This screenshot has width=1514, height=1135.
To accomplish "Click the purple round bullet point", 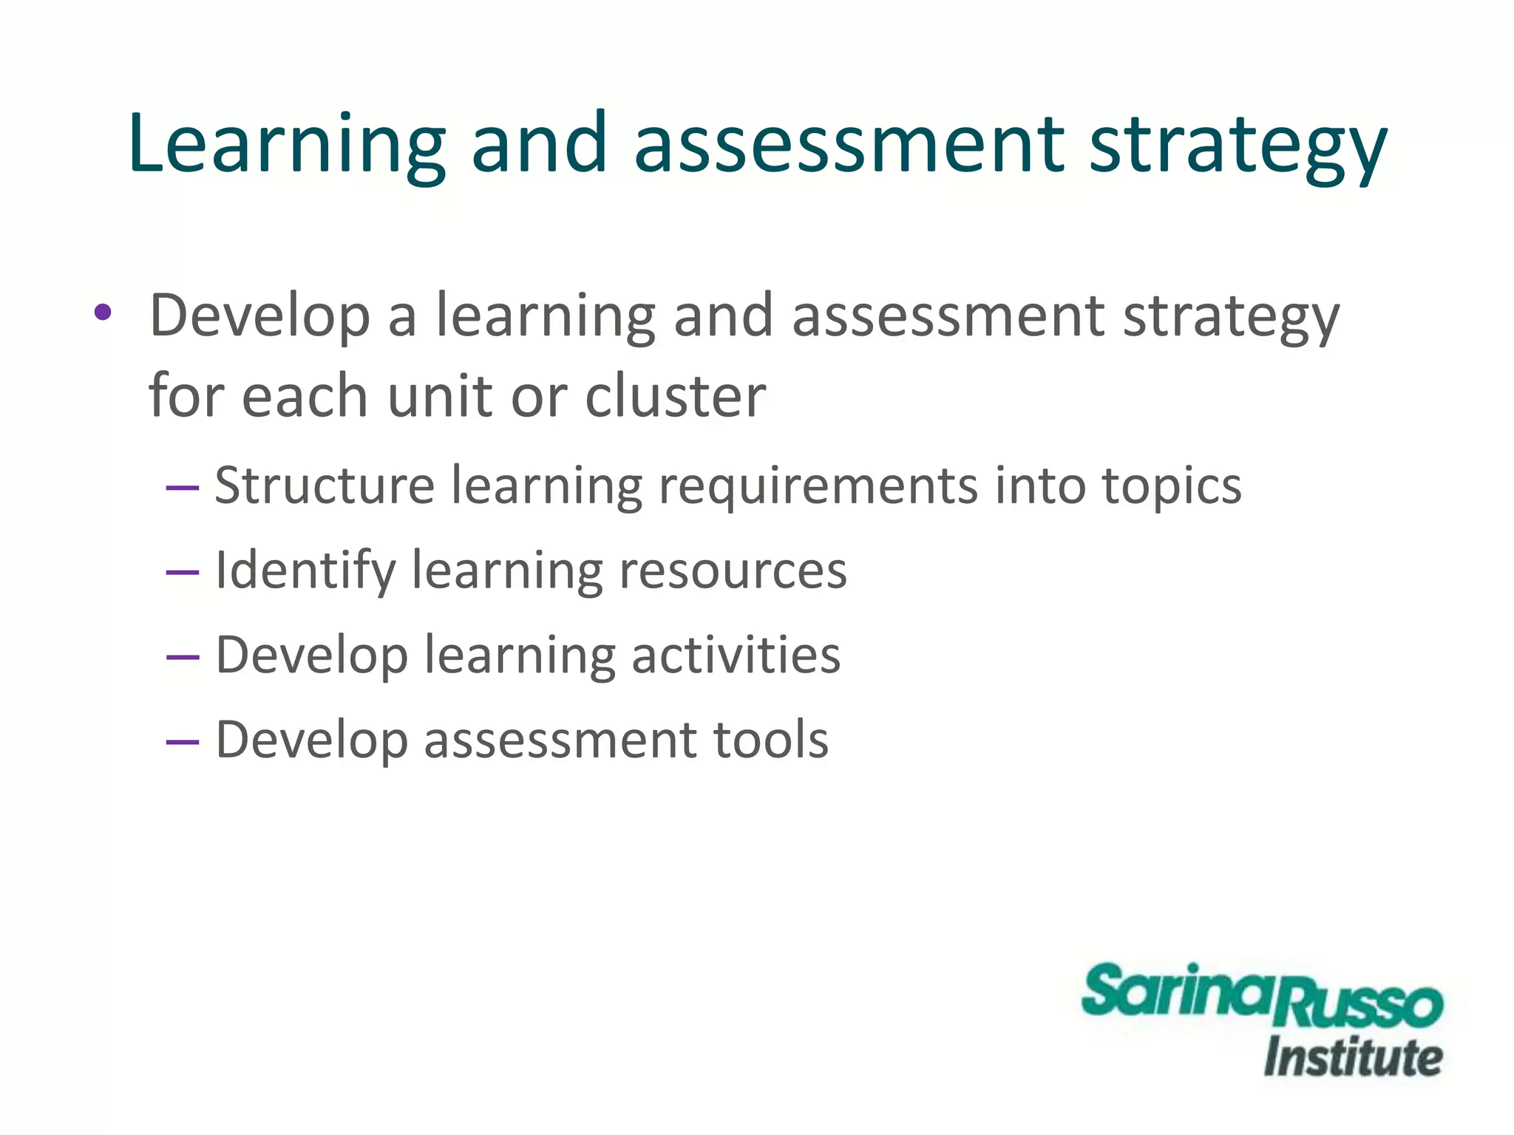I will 103,313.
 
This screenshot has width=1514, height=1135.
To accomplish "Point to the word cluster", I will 675,396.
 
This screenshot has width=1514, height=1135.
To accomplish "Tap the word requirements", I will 818,488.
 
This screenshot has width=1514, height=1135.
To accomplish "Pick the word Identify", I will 305,571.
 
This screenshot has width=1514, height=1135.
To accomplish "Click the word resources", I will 733,571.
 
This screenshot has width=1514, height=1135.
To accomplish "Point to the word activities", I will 736,655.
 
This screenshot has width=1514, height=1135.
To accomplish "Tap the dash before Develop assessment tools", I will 183,741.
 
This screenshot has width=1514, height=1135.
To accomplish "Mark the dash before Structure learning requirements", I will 183,488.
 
